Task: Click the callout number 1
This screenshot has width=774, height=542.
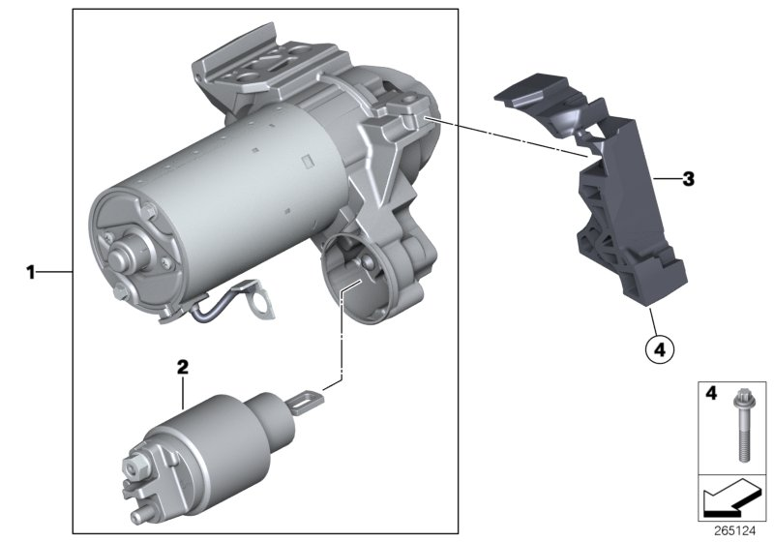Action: tap(31, 272)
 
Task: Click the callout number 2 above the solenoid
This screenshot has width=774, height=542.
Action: tap(183, 367)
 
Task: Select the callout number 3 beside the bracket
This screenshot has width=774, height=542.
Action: tap(688, 179)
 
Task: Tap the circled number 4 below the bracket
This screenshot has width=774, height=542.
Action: tap(660, 349)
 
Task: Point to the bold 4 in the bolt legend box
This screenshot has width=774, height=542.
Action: tap(711, 393)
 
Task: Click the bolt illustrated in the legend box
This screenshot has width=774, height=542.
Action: tap(742, 426)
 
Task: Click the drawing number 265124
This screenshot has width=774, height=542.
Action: tap(735, 531)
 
